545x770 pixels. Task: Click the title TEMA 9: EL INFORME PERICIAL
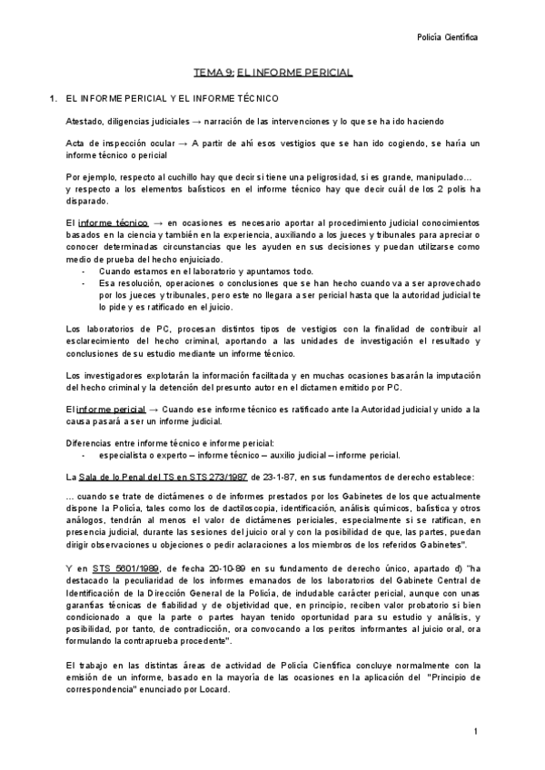tap(273, 72)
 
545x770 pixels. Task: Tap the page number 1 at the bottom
tap(475, 731)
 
